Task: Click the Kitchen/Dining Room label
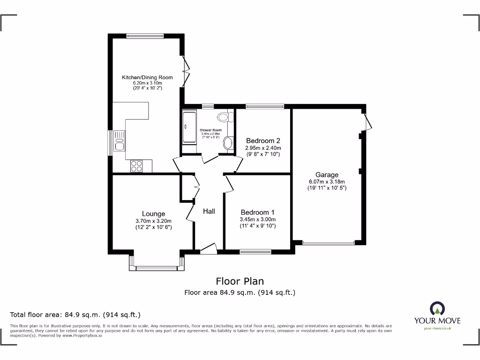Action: [147, 77]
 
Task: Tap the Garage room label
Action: [327, 175]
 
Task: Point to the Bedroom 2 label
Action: [263, 141]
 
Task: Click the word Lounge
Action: [154, 214]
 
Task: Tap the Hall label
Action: [209, 211]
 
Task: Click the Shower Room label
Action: [210, 130]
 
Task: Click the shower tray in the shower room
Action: [190, 127]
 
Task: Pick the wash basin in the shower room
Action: [228, 143]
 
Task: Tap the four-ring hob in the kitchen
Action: [136, 165]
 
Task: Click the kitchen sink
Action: [119, 141]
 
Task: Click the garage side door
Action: [368, 121]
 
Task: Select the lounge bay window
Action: [157, 268]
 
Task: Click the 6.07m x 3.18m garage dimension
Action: [327, 182]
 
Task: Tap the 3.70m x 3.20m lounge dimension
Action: [154, 221]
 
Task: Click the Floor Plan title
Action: [240, 281]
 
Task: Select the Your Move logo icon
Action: [437, 308]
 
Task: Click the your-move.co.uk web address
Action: [437, 329]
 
